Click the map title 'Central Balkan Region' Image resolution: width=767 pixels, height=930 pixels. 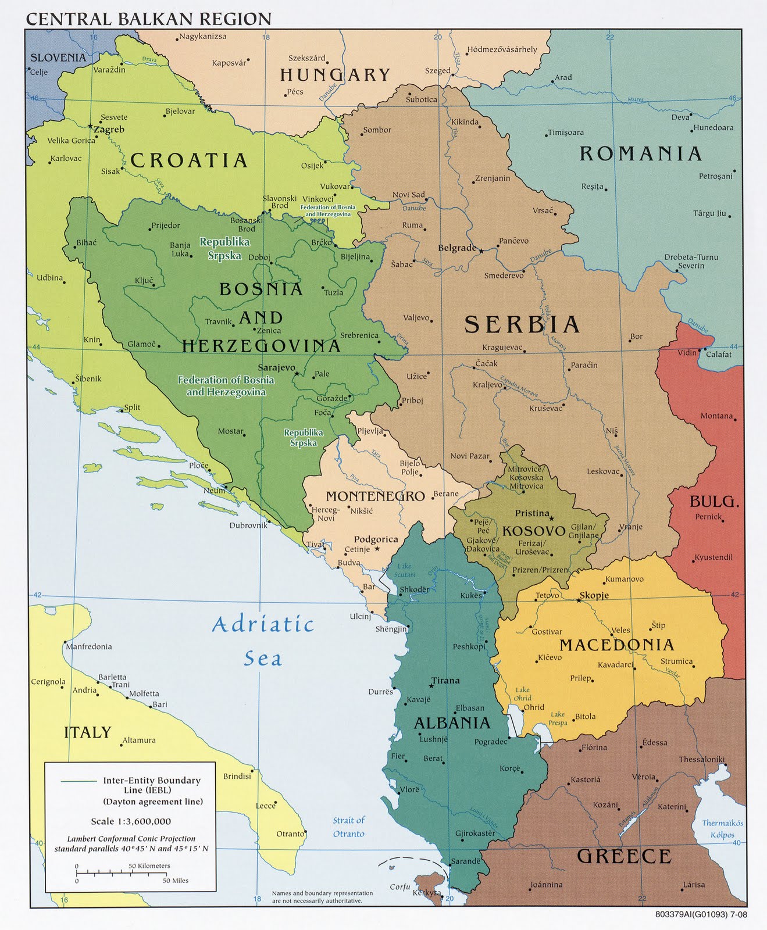(x=148, y=19)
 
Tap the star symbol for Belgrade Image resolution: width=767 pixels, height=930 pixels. (x=481, y=250)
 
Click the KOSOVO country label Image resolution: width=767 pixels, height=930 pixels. (x=533, y=531)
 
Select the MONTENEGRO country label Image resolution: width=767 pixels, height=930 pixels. (x=375, y=496)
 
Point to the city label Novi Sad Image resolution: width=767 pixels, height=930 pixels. (x=408, y=195)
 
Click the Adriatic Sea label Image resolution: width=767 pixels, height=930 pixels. (x=263, y=641)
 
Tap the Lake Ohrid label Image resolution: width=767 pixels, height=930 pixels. (x=522, y=694)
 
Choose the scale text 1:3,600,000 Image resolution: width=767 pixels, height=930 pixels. (x=131, y=821)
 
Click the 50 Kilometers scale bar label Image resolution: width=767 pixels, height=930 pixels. (x=149, y=865)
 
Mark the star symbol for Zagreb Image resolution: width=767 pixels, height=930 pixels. (x=90, y=126)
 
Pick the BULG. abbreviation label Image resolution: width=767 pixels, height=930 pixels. (x=714, y=502)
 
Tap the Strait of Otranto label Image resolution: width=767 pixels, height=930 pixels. (x=348, y=827)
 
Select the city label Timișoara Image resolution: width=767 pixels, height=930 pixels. (x=565, y=133)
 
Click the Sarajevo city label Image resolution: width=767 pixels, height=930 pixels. (x=276, y=369)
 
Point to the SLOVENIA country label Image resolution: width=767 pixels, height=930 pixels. (x=58, y=58)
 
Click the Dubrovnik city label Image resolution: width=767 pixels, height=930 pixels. (x=248, y=525)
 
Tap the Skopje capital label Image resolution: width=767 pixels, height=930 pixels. (x=594, y=595)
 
